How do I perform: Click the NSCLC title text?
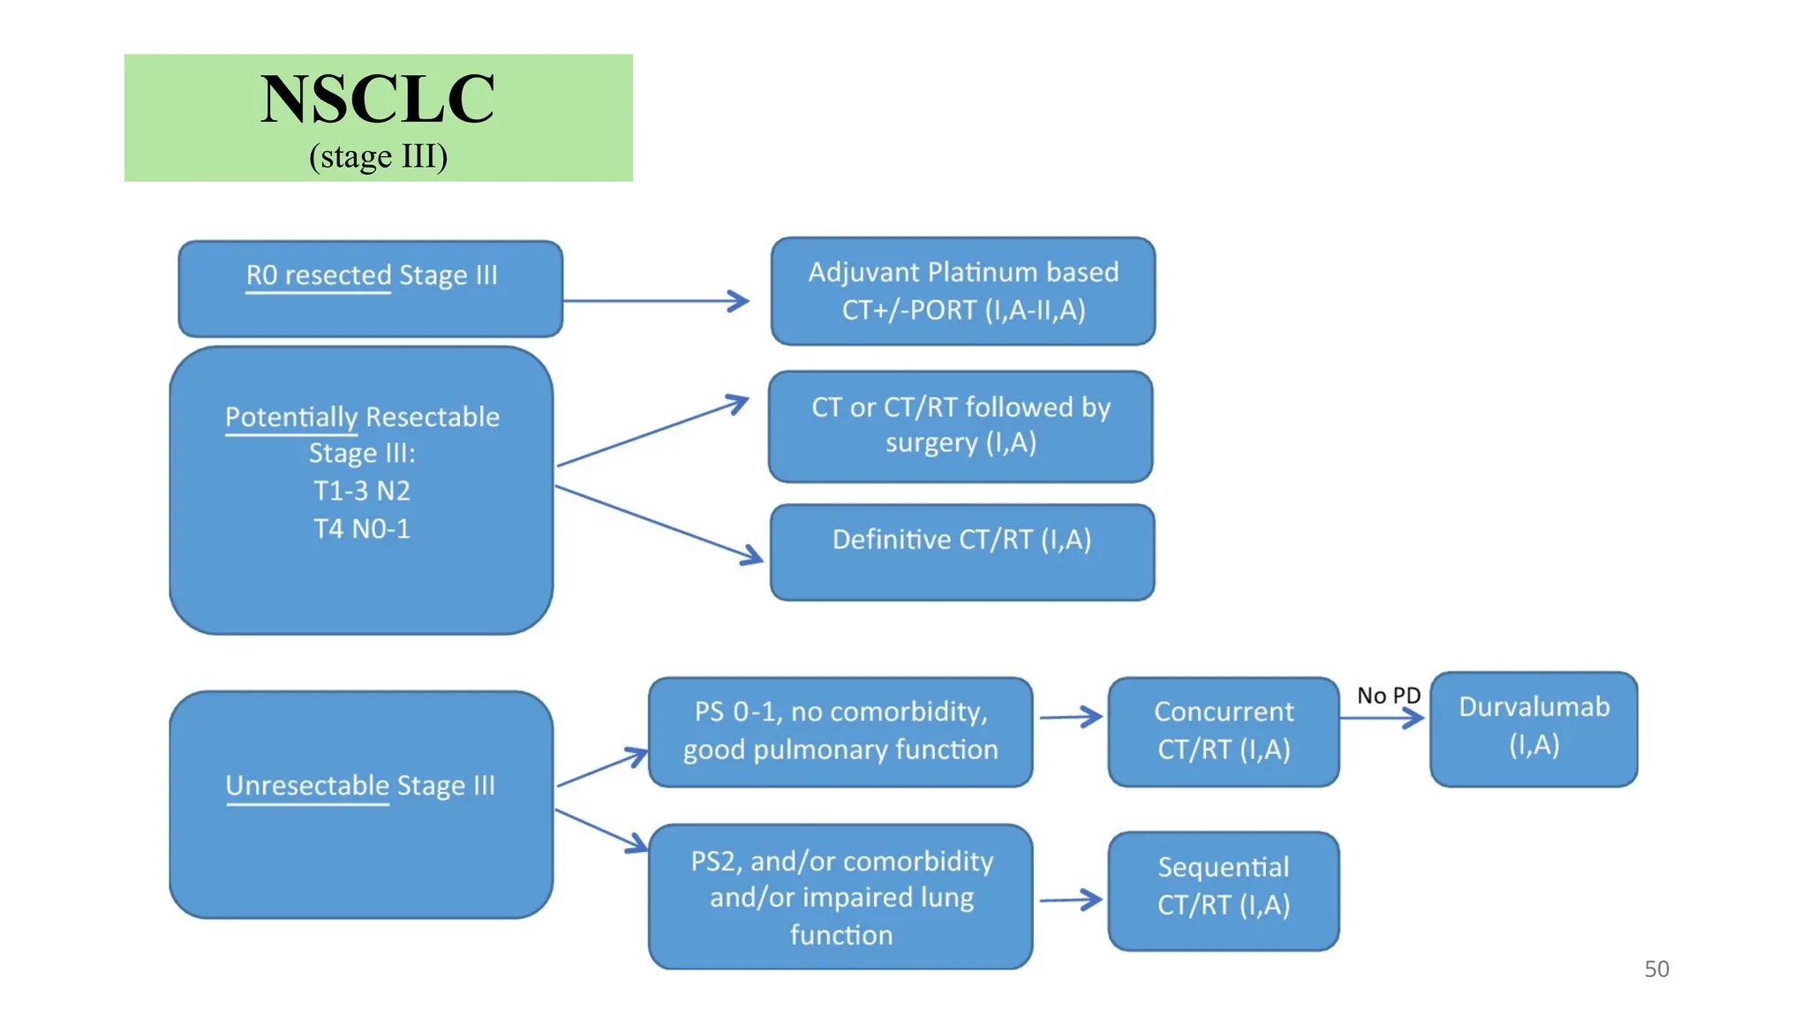(x=377, y=99)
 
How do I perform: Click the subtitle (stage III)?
(x=378, y=156)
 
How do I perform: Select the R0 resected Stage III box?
(x=371, y=288)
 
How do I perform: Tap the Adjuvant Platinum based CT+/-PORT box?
(x=962, y=290)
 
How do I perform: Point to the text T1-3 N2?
(x=362, y=490)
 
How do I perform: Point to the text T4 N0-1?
(x=362, y=528)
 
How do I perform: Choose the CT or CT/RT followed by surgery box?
(x=960, y=426)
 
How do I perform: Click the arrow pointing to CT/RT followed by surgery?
(x=653, y=431)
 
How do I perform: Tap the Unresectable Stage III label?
(x=360, y=785)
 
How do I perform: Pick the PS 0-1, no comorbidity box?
(x=840, y=731)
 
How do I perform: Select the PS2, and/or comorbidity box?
(x=840, y=896)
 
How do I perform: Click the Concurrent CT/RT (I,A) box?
(x=1223, y=731)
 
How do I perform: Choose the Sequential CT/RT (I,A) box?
(x=1223, y=890)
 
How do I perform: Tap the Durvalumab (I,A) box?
(x=1533, y=728)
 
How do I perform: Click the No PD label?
(x=1388, y=696)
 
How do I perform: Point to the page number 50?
(x=1656, y=968)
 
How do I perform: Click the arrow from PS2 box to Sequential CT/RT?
(x=1070, y=900)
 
